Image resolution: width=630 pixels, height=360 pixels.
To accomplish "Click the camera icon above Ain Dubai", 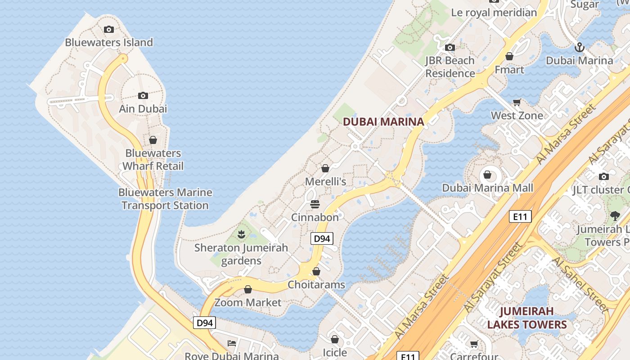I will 143,95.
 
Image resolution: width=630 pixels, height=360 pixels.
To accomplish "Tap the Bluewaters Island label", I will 109,42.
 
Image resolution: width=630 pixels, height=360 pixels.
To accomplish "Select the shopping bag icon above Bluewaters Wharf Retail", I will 153,140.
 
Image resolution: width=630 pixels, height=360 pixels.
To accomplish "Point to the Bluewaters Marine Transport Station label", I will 165,199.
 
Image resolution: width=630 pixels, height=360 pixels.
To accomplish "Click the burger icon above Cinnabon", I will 315,204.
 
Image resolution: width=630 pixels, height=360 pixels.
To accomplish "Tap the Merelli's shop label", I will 325,181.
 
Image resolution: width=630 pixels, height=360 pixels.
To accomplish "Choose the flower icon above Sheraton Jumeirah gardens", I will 241,234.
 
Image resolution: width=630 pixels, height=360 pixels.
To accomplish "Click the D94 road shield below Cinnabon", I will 322,238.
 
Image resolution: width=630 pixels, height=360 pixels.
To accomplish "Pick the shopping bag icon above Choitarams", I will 316,271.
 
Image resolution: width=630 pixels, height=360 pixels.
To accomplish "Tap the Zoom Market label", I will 247,302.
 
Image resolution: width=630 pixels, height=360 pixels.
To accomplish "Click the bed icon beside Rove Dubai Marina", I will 232,343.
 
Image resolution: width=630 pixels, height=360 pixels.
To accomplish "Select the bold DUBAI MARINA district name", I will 383,121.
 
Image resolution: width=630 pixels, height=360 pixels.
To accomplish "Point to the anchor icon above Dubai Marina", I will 580,47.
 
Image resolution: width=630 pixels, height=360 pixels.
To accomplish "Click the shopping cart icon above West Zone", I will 517,103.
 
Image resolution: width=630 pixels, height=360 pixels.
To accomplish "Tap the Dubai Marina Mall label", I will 487,188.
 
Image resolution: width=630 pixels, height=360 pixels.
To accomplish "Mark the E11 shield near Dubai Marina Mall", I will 520,216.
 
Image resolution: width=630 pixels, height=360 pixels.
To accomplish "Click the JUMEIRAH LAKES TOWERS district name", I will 526,318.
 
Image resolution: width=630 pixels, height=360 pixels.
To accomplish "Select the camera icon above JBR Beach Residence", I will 450,47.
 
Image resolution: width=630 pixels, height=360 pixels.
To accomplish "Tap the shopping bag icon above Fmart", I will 509,56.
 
